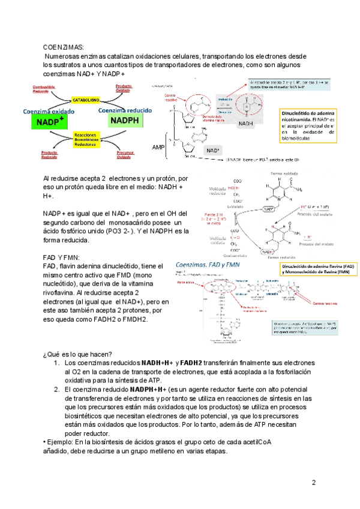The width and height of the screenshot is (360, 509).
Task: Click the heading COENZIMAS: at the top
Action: pos(64,47)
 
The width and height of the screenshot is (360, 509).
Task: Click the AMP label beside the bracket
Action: pos(159,147)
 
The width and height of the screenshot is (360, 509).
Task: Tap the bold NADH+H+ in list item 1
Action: pos(157,363)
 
